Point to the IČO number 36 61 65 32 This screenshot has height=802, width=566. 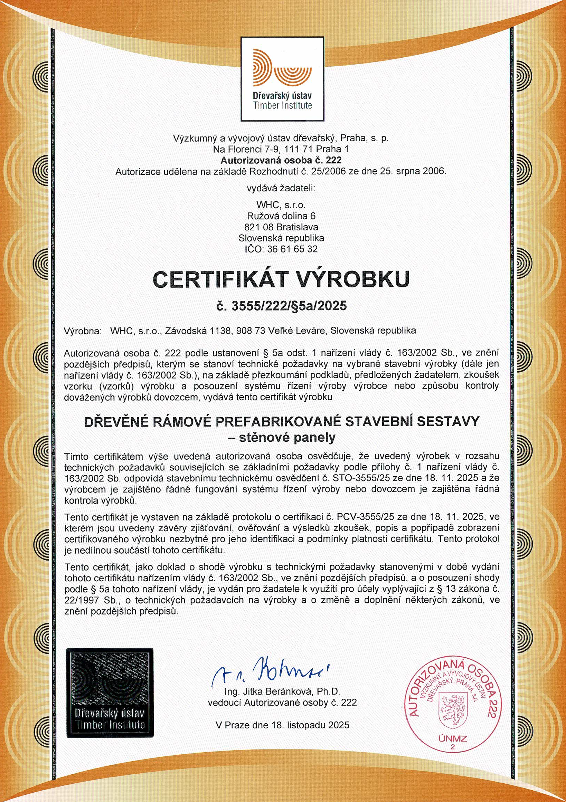click(x=292, y=249)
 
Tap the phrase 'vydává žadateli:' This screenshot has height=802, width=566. click(x=281, y=189)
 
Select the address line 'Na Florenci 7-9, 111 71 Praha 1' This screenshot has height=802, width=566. click(x=281, y=150)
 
